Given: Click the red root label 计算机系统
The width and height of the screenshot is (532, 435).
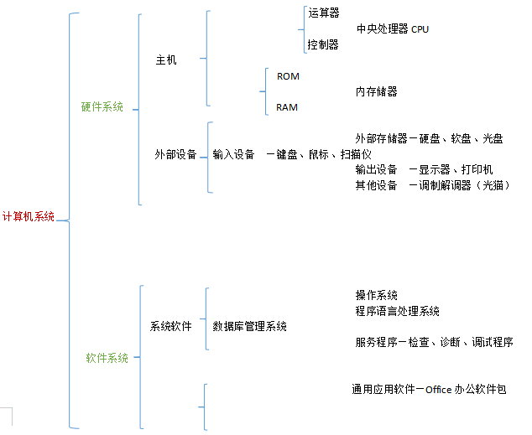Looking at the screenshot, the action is pos(29,216).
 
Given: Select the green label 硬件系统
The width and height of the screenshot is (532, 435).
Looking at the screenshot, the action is pos(102,106).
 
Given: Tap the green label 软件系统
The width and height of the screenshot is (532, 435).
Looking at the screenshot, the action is pos(107,358).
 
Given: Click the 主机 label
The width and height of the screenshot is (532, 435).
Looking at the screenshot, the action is pos(166,60).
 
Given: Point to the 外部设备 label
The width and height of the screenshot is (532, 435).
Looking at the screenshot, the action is pos(175,154).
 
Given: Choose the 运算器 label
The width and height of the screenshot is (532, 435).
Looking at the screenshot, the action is pos(324,13).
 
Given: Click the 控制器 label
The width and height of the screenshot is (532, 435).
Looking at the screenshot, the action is pos(323,44).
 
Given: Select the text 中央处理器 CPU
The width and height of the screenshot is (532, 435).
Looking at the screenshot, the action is pos(393,28).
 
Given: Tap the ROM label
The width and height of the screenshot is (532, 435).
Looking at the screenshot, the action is pos(288,76).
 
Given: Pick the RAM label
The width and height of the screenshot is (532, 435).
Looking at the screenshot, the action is pos(287,107).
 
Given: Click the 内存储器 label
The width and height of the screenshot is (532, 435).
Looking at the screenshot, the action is pos(377,91).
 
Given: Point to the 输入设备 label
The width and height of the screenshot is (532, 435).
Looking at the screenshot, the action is pos(233,154).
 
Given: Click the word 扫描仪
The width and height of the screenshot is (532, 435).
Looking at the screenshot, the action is pos(355,154).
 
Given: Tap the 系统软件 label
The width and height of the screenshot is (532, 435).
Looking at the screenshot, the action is pos(170,326).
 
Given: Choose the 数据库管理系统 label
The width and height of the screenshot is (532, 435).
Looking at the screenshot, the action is pos(249,326).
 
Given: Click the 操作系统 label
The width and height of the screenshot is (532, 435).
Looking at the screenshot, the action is pos(377,295).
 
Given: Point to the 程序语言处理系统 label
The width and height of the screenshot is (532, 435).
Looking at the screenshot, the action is pos(398,311).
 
